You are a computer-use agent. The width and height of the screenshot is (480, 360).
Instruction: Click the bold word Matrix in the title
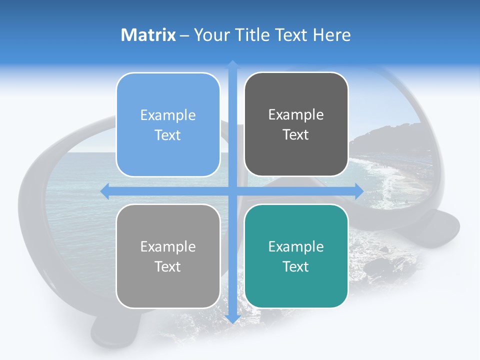[148, 35]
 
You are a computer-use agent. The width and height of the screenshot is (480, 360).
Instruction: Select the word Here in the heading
[332, 35]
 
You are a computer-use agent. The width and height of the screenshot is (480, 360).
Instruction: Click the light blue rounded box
[168, 124]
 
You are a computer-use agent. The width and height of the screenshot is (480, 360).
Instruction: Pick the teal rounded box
[296, 256]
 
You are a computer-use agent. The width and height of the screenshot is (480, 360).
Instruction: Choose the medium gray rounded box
[168, 256]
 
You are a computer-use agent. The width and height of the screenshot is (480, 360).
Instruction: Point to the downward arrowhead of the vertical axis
[232, 318]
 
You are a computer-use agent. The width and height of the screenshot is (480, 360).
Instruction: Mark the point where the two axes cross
[232, 191]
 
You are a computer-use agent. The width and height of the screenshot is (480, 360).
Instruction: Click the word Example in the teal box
[296, 246]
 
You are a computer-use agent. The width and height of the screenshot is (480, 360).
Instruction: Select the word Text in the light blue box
[168, 135]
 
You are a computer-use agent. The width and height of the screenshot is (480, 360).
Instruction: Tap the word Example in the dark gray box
[296, 114]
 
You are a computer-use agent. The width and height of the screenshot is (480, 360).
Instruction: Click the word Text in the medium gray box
[168, 266]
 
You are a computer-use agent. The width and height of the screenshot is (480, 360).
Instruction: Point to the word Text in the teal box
[296, 266]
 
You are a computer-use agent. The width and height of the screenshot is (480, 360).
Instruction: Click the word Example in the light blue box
[168, 115]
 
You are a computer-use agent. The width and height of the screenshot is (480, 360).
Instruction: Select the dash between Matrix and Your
[184, 35]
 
